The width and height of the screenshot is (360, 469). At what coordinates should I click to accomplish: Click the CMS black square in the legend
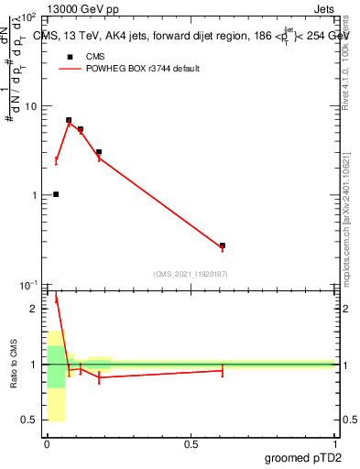[x=68, y=57]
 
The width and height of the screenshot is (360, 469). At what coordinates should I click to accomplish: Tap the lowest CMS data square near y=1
[x=56, y=194]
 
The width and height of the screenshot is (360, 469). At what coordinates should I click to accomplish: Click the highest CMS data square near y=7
[x=69, y=120]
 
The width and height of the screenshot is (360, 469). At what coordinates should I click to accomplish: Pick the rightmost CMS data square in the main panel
[x=223, y=245]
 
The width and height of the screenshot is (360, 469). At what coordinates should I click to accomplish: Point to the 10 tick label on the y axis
[x=30, y=106]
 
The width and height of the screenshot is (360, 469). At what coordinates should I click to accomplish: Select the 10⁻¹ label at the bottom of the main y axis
[x=27, y=285]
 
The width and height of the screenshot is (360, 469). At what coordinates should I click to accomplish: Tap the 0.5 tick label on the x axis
[x=191, y=444]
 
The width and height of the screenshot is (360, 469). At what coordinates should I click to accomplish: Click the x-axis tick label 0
[x=47, y=444]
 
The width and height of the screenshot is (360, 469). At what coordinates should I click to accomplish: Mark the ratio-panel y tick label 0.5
[x=31, y=420]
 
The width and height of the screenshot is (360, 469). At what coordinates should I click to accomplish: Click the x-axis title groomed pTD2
[x=302, y=458]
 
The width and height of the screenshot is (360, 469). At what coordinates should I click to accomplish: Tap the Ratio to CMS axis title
[x=14, y=364]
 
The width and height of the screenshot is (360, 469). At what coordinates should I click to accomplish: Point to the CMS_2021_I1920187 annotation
[x=191, y=274]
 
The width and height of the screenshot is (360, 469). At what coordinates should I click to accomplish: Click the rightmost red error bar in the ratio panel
[x=223, y=370]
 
